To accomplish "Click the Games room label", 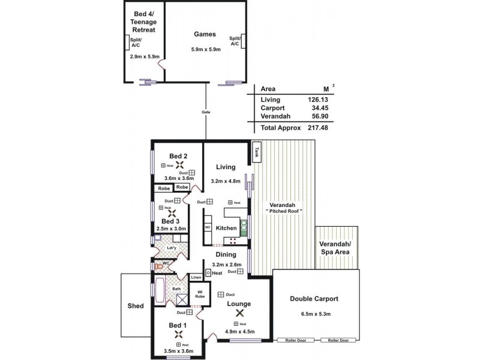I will [x=205, y=34].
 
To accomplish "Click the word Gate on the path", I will [x=206, y=112].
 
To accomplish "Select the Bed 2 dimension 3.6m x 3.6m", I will [x=178, y=178].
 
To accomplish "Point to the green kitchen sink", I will [x=244, y=227].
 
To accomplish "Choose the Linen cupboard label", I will [x=196, y=277].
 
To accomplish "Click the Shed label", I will [x=136, y=305].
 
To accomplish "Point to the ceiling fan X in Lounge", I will [x=239, y=313].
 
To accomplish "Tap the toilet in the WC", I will [x=160, y=265].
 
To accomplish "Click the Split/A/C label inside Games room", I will [x=235, y=41].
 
